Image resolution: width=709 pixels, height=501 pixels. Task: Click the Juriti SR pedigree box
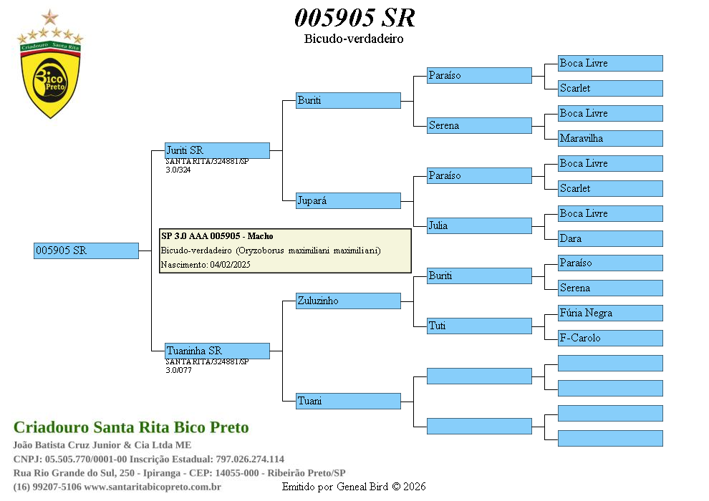coord(217,150)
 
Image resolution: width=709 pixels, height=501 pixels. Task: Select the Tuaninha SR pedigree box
coord(217,351)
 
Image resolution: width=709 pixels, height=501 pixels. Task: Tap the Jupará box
coord(348,200)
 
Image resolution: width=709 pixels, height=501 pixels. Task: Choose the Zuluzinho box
coord(348,301)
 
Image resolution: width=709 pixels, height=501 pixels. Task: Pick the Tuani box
coord(348,401)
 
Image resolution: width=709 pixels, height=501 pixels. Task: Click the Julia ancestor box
coord(479,225)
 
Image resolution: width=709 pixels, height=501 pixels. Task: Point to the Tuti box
coord(479,326)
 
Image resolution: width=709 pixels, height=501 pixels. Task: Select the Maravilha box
coord(610,138)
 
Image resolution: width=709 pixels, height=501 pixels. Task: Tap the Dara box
coord(610,238)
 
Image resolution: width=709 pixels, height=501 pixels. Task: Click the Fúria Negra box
coord(610,313)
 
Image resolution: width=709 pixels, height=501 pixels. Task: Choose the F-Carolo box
coord(610,338)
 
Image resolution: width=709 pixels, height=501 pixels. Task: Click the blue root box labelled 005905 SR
coord(86,250)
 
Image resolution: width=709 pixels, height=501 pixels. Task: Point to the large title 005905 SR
coord(354,18)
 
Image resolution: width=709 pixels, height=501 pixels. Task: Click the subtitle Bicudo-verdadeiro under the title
coord(354,39)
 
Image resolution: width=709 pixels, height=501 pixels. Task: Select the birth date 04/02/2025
coord(230,265)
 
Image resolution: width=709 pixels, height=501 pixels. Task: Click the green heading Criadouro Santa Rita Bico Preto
coord(131,427)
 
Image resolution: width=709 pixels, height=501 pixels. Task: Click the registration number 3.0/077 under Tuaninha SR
coord(178,370)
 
